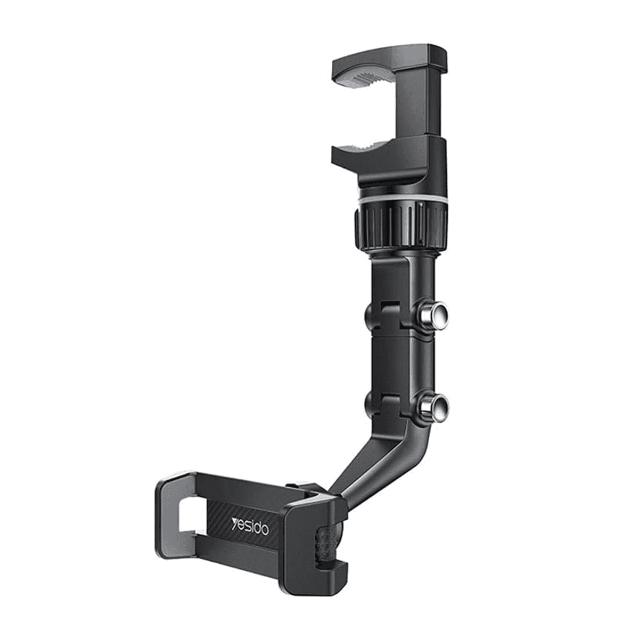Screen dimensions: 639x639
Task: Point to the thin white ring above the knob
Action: click(x=399, y=201)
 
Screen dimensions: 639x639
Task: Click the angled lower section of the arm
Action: click(x=383, y=463)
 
